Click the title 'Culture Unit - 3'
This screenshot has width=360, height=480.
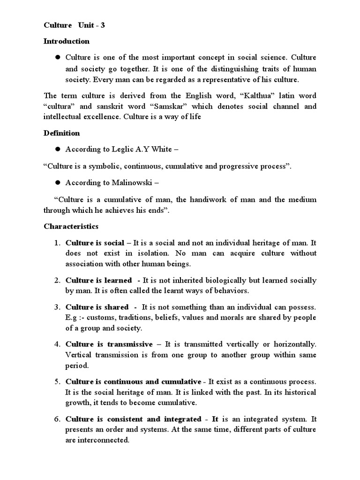[x=75, y=25]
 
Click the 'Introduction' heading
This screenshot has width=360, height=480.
[x=66, y=41]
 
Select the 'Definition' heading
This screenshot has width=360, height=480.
[x=62, y=133]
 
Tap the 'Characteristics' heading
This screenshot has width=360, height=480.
[x=71, y=226]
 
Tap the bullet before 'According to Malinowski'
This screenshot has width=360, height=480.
[x=59, y=183]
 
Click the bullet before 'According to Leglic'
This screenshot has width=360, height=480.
[x=59, y=149]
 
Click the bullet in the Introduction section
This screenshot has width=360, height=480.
[x=59, y=57]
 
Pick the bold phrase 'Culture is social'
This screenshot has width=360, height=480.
[x=95, y=243]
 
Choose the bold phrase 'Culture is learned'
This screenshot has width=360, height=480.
[x=99, y=280]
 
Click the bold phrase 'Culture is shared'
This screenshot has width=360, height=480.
[x=97, y=307]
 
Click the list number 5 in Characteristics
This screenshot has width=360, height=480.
[x=56, y=381]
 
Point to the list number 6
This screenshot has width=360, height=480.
[x=56, y=419]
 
